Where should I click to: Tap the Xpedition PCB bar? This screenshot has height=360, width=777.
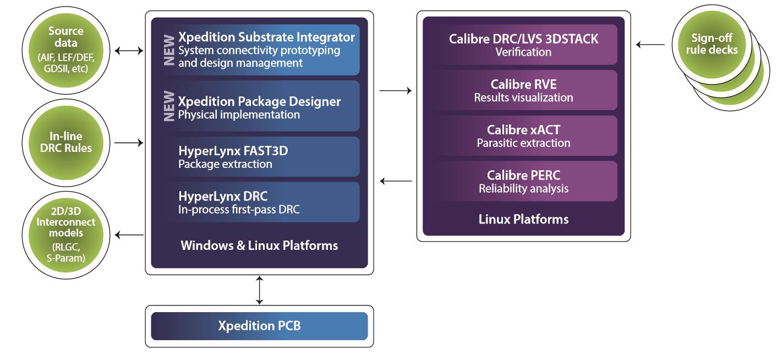(x=259, y=326)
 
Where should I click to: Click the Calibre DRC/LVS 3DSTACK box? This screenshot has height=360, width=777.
(x=523, y=45)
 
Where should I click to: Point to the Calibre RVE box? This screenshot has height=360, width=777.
(x=523, y=91)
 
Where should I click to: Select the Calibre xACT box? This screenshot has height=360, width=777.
(x=523, y=136)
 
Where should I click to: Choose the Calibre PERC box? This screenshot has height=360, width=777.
(x=523, y=181)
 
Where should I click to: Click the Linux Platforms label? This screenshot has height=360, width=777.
(x=523, y=219)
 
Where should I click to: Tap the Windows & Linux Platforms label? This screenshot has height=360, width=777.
(x=259, y=245)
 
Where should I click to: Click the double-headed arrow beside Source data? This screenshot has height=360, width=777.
(x=128, y=51)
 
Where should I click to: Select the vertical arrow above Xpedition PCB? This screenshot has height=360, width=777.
(x=260, y=290)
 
